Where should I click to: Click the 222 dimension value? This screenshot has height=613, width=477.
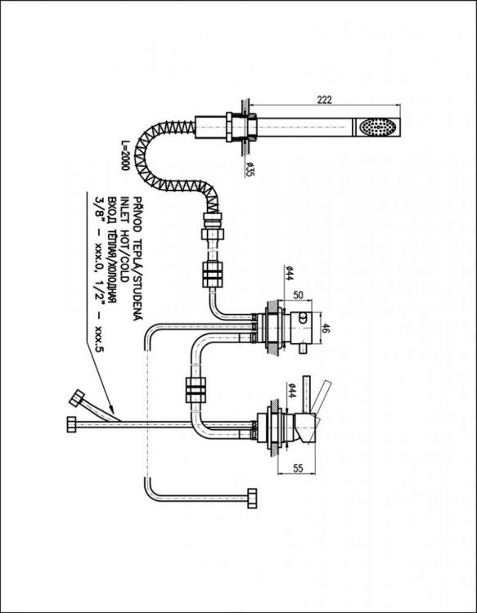[x=324, y=99]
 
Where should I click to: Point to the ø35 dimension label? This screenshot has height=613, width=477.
[x=247, y=170]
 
